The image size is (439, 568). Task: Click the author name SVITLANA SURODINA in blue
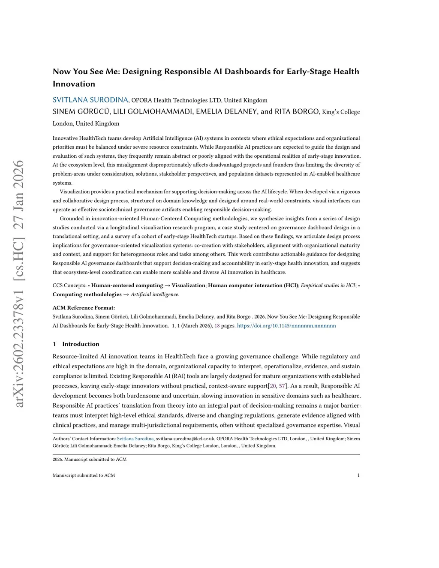click(90, 100)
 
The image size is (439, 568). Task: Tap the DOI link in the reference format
click(286, 326)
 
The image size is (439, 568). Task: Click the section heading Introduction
click(81, 344)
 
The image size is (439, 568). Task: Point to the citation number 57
click(282, 386)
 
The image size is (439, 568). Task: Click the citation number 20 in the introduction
click(273, 386)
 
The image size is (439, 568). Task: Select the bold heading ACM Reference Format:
click(84, 308)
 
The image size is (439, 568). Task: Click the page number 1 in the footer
click(358, 475)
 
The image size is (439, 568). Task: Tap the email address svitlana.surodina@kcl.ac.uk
click(185, 439)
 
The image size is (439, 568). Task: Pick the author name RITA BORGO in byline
click(297, 111)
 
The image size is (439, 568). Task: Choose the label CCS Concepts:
click(69, 286)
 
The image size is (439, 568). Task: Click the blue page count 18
click(217, 326)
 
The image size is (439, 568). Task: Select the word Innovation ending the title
click(74, 84)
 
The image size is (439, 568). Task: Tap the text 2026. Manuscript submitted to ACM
click(90, 459)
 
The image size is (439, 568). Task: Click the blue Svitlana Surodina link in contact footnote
click(135, 439)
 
